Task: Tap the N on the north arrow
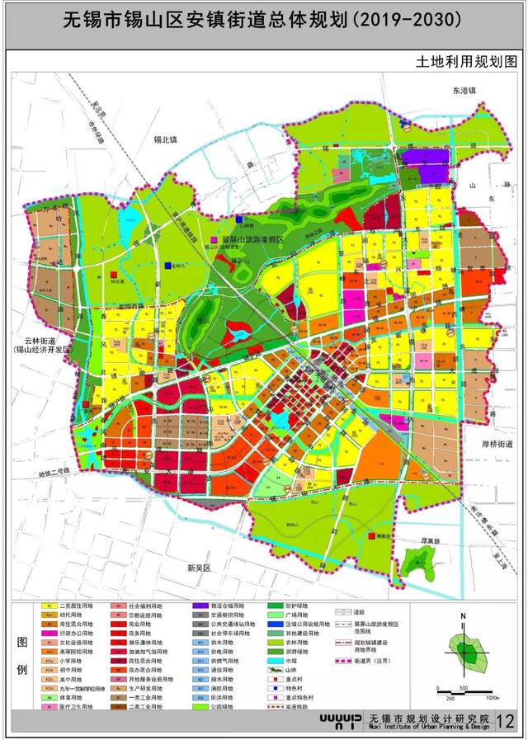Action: point(464,615)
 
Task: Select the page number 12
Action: point(505,720)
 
